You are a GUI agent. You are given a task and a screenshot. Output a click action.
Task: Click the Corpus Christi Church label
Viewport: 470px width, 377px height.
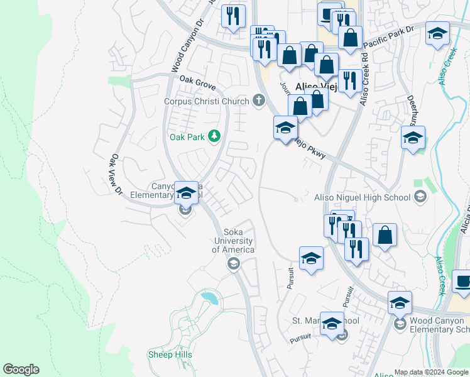(207, 101)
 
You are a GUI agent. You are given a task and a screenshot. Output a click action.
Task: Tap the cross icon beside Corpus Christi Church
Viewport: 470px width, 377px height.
(258, 100)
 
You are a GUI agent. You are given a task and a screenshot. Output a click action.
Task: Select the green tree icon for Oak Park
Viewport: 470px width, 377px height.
(214, 136)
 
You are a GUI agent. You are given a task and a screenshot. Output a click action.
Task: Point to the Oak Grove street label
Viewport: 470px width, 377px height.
(197, 80)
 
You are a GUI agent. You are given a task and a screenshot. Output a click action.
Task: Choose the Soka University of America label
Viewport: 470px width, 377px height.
(233, 241)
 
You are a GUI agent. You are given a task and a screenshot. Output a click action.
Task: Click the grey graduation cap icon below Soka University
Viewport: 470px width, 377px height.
(234, 263)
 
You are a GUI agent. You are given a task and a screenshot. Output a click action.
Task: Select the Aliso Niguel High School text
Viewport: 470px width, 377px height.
(362, 197)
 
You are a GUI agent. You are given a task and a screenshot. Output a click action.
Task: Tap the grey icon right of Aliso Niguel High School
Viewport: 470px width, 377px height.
(420, 197)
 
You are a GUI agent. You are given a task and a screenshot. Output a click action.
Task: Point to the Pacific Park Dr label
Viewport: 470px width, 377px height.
(391, 35)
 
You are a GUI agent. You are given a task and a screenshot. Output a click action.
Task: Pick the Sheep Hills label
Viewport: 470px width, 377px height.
(170, 355)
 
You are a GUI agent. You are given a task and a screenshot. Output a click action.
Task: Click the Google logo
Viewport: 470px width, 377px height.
(21, 369)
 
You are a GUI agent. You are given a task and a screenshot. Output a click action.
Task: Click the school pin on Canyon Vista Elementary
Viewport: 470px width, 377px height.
(186, 194)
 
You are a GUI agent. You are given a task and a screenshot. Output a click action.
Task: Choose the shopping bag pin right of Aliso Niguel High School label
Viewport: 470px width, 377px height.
(385, 236)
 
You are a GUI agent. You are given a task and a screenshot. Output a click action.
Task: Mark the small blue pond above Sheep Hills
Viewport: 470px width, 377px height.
(209, 297)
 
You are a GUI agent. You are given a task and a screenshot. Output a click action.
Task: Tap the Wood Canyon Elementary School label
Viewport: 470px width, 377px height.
(439, 325)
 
